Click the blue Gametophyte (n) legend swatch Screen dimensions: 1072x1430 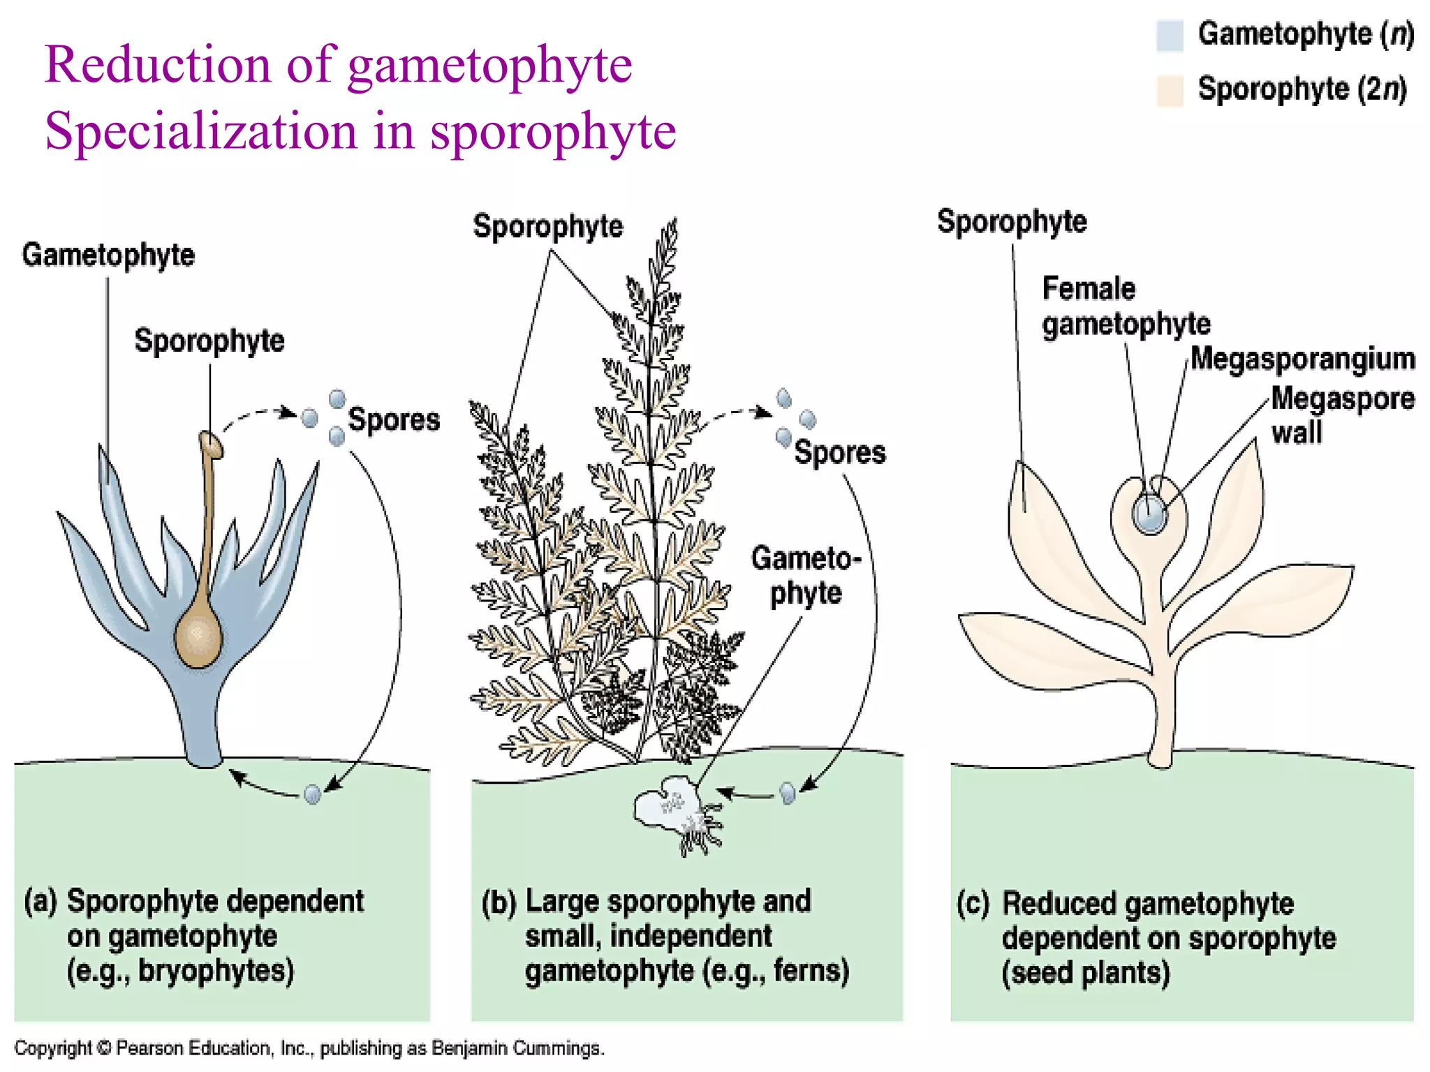[x=1170, y=36]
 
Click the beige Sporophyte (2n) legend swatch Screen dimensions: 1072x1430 [x=1170, y=90]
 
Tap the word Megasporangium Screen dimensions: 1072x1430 [x=1302, y=359]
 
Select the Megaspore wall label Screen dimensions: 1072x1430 [x=1341, y=415]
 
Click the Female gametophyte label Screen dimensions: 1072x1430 [x=1125, y=306]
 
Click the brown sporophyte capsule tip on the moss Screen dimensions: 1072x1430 [x=210, y=445]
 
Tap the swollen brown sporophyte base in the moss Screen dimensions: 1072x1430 [x=198, y=636]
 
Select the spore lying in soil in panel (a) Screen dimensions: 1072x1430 [x=312, y=794]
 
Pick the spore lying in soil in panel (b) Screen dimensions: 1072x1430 [x=788, y=793]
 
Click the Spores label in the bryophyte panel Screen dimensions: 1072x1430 [x=394, y=419]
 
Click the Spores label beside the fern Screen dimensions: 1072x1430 [x=839, y=452]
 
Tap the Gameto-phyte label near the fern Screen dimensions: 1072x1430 [x=806, y=576]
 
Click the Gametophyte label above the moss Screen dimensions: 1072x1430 [x=108, y=255]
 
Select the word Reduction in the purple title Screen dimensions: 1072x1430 [x=157, y=65]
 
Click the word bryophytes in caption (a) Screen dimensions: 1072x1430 [x=216, y=971]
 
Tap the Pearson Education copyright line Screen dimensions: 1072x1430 [x=309, y=1048]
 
